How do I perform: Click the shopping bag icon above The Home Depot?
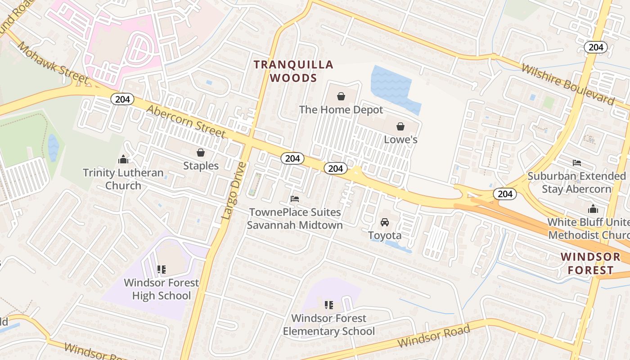coord(341,96)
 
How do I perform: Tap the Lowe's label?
coord(400,139)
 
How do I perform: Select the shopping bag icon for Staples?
coord(201,153)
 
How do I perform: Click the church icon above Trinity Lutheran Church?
coord(123,159)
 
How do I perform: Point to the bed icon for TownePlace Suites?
coord(295,198)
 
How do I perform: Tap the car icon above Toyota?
coord(385,222)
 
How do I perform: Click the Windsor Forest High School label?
coord(161,289)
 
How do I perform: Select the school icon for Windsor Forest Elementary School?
coord(329,305)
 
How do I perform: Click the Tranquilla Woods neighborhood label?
coord(293,71)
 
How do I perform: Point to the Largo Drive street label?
coord(234,191)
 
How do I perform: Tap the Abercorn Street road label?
coord(185,121)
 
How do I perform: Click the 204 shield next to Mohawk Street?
coord(122,99)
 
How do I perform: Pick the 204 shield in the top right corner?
coord(596,47)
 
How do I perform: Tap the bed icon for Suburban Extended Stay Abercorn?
coord(577,163)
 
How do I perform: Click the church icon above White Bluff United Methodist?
coord(593,209)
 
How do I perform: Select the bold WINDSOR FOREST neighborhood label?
coord(590,264)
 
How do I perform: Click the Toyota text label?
coord(385,235)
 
